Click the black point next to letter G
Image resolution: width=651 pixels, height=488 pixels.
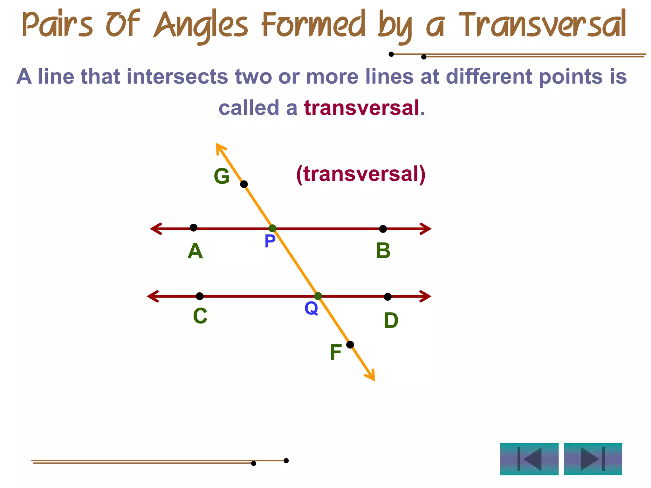pos(244,184)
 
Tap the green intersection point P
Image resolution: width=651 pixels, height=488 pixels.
pos(272,228)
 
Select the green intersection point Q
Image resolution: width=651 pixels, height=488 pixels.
pos(318,296)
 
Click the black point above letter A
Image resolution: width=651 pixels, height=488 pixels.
pos(193,227)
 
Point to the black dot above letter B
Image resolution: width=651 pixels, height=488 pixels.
pos(383,229)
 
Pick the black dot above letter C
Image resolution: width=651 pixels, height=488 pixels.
pos(200,296)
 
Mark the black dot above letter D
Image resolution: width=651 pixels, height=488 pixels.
pos(387,297)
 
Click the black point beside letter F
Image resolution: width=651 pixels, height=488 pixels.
pos(350,345)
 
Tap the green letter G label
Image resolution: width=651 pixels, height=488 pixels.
pos(222,176)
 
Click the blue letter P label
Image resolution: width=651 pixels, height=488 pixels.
pos(270,241)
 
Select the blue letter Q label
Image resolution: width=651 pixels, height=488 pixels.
pos(311,308)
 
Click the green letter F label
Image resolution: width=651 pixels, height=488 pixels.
pos(336,352)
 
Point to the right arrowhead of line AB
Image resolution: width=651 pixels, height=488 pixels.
pos(427,229)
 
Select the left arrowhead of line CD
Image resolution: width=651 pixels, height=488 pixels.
pos(152,296)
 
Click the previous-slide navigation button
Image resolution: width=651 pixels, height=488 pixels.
pos(529,459)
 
